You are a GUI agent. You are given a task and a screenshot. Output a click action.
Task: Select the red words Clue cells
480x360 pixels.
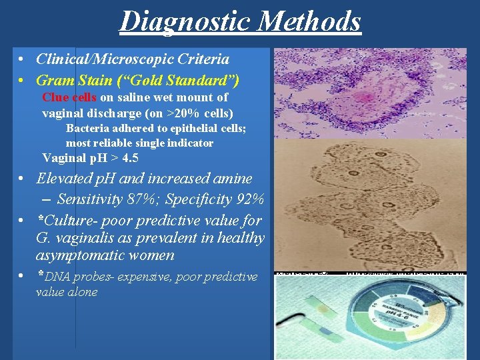[69, 97]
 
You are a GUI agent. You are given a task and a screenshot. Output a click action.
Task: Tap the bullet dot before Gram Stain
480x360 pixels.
[22, 81]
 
